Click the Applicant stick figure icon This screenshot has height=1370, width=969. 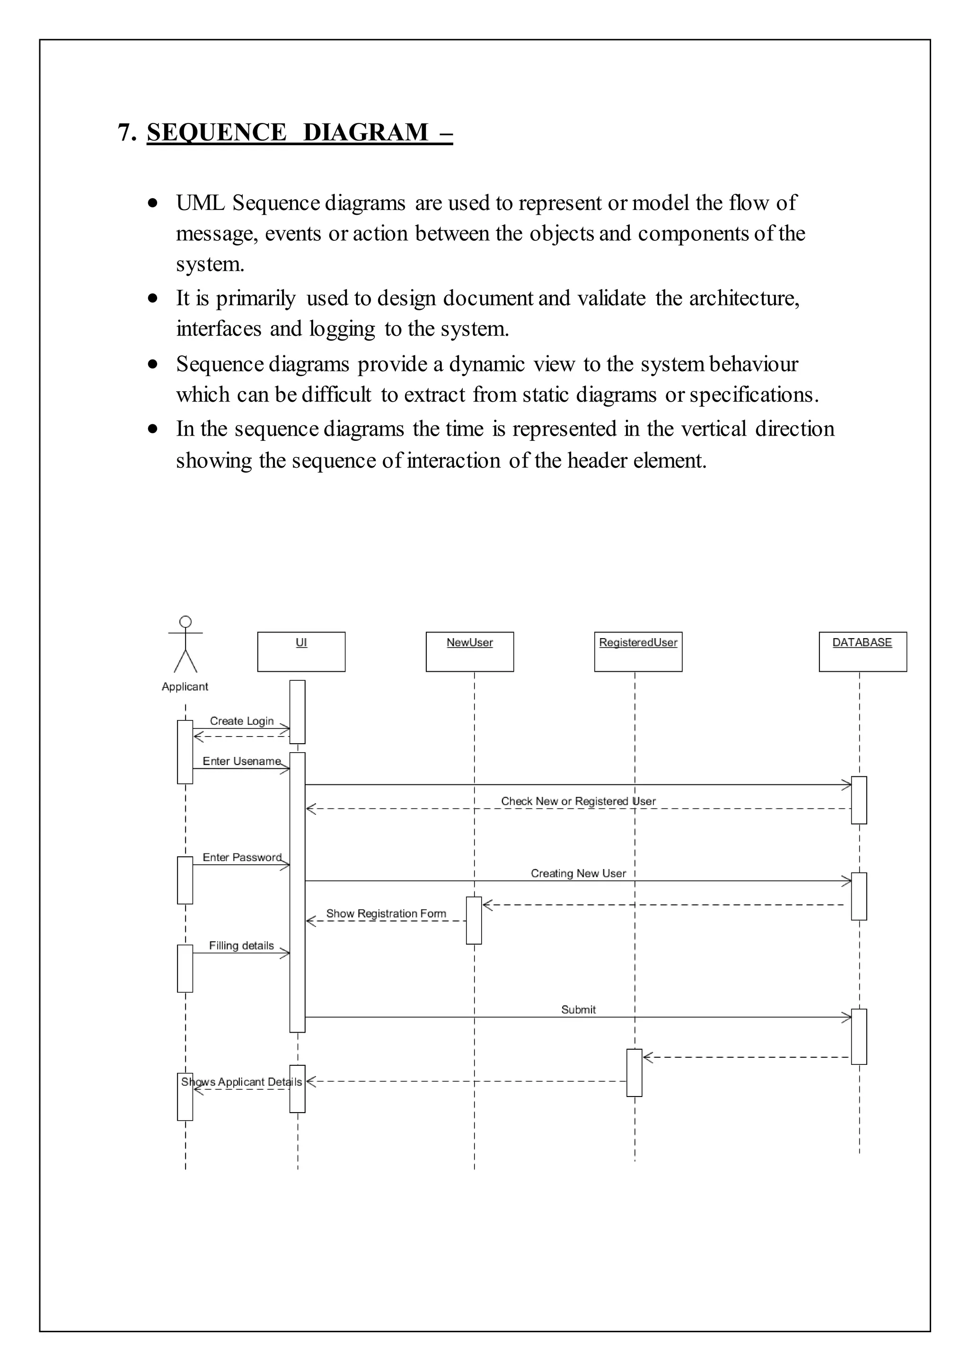click(185, 644)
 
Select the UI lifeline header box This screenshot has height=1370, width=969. click(301, 651)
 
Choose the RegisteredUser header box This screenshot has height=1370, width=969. click(638, 651)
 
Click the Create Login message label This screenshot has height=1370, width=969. click(242, 721)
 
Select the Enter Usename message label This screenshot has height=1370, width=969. click(242, 761)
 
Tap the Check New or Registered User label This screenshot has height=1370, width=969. click(578, 801)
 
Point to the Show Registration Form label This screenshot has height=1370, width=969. click(386, 913)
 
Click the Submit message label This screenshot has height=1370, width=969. click(578, 1009)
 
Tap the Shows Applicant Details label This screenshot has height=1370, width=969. click(242, 1081)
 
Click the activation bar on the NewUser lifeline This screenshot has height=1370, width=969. click(474, 920)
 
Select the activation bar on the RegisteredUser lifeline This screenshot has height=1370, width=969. click(634, 1072)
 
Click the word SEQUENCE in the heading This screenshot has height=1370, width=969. click(217, 132)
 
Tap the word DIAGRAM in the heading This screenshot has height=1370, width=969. click(366, 132)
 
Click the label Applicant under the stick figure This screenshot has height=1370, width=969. click(185, 686)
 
